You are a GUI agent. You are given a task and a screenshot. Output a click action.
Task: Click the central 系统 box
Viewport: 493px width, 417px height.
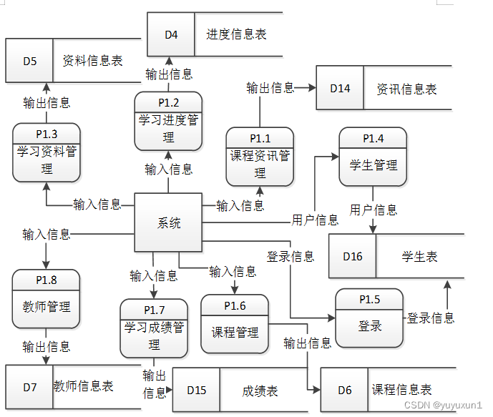click(169, 222)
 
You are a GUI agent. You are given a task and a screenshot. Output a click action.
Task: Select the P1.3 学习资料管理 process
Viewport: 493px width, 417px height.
click(47, 151)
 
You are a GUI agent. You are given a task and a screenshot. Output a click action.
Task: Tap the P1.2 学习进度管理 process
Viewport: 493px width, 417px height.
click(169, 120)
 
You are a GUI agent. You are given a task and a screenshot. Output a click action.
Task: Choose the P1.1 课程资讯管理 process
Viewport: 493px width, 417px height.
click(260, 155)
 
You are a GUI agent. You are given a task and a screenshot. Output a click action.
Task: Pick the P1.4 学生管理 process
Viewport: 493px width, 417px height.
click(373, 157)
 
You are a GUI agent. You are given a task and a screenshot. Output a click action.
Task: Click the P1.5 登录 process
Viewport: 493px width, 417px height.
click(369, 318)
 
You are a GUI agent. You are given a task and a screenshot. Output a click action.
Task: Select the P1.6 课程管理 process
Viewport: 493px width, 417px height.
click(235, 323)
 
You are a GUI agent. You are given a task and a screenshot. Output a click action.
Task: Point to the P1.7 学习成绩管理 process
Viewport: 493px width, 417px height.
click(154, 328)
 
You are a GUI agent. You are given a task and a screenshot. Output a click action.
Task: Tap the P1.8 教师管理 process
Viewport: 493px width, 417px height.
click(47, 299)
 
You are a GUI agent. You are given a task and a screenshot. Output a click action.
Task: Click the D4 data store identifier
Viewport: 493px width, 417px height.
click(171, 34)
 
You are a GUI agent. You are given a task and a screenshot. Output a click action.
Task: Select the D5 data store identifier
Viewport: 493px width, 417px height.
click(29, 61)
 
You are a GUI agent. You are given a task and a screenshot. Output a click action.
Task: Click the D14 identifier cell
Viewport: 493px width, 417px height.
click(340, 89)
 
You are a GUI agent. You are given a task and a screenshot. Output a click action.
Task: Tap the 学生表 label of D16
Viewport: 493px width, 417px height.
click(419, 257)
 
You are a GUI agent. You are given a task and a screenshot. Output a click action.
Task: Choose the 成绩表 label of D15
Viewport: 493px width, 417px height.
click(260, 391)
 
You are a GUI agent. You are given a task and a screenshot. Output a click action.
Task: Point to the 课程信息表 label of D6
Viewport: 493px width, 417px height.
click(401, 390)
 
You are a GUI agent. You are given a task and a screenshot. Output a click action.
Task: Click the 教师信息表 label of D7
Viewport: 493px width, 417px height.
click(84, 386)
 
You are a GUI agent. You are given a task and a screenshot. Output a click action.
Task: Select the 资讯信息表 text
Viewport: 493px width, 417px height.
click(406, 89)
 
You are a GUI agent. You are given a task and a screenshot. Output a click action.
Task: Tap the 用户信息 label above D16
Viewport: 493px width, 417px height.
click(374, 210)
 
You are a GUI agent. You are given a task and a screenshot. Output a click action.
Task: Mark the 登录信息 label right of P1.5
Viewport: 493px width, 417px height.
click(431, 318)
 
